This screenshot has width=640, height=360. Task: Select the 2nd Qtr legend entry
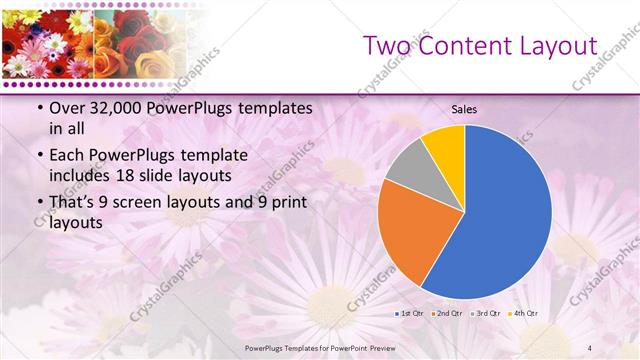tap(446, 314)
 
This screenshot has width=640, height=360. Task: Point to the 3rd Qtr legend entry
tap(485, 314)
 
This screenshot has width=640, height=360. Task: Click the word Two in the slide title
tap(387, 46)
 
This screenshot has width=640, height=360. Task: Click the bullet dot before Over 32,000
tap(38, 108)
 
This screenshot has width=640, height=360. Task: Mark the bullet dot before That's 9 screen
tap(38, 204)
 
